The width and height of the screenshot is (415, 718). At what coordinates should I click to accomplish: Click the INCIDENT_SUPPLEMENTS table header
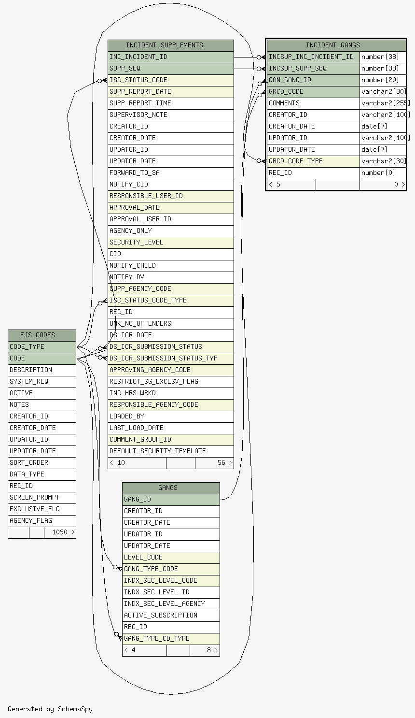pyautogui.click(x=171, y=45)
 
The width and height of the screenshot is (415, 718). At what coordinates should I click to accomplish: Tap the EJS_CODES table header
pyautogui.click(x=42, y=335)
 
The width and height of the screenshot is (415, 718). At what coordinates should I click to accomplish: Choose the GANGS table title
pyautogui.click(x=171, y=488)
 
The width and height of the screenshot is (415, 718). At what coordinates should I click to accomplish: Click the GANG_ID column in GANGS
pyautogui.click(x=171, y=500)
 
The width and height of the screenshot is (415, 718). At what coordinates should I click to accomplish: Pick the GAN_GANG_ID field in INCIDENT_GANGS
pyautogui.click(x=313, y=80)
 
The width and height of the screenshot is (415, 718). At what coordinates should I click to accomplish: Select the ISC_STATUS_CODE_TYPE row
pyautogui.click(x=171, y=301)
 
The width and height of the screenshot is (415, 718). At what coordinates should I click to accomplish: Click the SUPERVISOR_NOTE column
pyautogui.click(x=171, y=115)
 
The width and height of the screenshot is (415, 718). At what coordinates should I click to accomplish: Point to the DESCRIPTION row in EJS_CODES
pyautogui.click(x=42, y=370)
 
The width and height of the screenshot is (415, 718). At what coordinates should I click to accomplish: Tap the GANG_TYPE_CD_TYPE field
pyautogui.click(x=171, y=638)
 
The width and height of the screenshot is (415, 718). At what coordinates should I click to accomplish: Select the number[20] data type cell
pyautogui.click(x=383, y=80)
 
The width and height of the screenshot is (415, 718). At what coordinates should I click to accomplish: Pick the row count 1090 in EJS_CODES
pyautogui.click(x=60, y=532)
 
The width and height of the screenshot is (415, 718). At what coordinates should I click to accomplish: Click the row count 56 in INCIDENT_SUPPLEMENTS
pyautogui.click(x=221, y=462)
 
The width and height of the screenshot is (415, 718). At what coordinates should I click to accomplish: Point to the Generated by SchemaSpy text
pyautogui.click(x=50, y=709)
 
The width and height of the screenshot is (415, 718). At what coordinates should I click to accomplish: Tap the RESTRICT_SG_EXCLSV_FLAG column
pyautogui.click(x=171, y=381)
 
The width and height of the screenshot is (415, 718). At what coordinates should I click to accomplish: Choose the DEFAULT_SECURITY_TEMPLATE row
pyautogui.click(x=171, y=451)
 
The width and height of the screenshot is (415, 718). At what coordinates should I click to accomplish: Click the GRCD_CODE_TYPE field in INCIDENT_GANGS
pyautogui.click(x=313, y=161)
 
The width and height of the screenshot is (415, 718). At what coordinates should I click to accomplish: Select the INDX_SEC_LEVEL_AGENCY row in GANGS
pyautogui.click(x=171, y=604)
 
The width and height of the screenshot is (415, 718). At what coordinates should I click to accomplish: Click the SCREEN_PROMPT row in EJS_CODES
pyautogui.click(x=42, y=498)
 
